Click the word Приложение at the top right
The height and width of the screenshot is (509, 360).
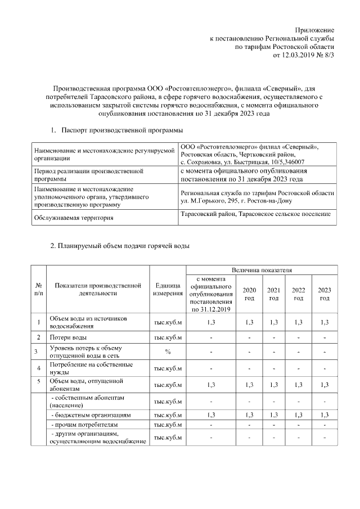coord(314,29)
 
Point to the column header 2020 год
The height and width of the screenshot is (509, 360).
coord(249,294)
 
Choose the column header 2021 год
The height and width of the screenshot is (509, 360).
coord(273,294)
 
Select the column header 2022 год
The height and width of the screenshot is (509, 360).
coord(298,294)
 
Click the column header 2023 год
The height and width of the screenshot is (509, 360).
coord(324,294)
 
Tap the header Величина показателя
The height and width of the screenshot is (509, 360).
coord(261,271)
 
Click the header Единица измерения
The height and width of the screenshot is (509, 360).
coord(167,289)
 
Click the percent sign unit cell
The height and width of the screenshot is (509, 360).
coord(167,352)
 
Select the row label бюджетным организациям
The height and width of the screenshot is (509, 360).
coord(91,415)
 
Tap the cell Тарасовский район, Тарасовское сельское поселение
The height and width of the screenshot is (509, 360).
coord(255,214)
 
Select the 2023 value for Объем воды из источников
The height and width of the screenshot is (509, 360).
coord(324,322)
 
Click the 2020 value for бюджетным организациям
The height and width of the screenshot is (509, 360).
coord(249,415)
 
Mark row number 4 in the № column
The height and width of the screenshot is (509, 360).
coord(38,368)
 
